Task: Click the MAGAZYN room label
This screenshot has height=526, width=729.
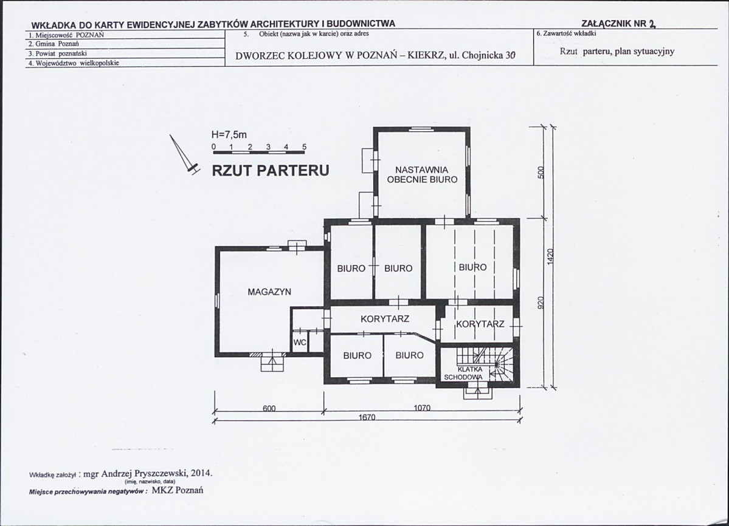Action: pos(269,292)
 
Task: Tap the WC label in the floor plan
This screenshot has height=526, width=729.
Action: pos(300,343)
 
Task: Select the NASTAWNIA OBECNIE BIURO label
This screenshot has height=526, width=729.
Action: pos(422,175)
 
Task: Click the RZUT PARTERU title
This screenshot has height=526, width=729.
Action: pos(271,171)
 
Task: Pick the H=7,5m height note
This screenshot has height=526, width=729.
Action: pos(229,135)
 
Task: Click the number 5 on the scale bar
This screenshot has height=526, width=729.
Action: pos(305,147)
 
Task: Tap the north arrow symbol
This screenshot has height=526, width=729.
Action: pos(184,155)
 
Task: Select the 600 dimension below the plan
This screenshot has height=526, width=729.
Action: pos(269,409)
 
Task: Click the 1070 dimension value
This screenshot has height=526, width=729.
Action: pos(422,408)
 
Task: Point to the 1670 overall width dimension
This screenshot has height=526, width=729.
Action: pos(367,417)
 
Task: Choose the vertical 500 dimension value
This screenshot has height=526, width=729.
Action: pos(541,172)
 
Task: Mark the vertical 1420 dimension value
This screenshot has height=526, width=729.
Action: pos(550,257)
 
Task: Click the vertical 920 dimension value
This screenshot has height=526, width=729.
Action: pos(541,302)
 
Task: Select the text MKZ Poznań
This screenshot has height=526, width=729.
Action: pos(178,490)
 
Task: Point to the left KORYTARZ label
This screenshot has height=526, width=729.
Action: pos(385,319)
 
